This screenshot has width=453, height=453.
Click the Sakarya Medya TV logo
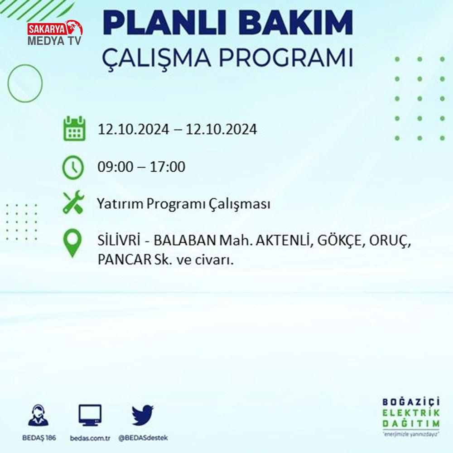(55, 33)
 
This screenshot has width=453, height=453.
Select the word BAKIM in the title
(295, 23)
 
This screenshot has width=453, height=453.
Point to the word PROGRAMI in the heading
(286, 58)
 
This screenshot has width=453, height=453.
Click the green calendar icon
(74, 128)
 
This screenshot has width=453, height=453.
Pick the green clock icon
(73, 167)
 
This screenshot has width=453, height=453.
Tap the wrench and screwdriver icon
(73, 202)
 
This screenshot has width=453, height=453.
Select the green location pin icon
(72, 243)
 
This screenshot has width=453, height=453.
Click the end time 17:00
(167, 167)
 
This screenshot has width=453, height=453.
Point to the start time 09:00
(116, 167)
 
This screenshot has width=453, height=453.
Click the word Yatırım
(120, 203)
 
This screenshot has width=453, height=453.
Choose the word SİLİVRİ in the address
(119, 240)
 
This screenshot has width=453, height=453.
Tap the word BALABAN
(185, 241)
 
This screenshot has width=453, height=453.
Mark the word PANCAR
(125, 260)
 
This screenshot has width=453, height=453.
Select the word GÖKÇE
(339, 241)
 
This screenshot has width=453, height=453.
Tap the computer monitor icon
(90, 415)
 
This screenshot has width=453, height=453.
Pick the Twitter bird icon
(143, 415)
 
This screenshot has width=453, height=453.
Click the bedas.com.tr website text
(90, 438)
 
